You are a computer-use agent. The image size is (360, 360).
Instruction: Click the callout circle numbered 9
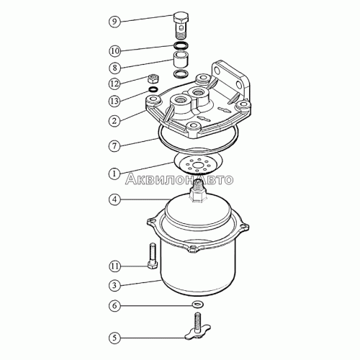click(x=114, y=22)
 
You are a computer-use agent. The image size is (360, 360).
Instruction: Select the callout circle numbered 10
click(x=114, y=51)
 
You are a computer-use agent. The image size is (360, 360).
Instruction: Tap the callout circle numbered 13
click(x=114, y=101)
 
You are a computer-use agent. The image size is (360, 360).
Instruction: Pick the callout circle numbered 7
click(x=114, y=145)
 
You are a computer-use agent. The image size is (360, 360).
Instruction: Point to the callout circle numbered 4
click(x=114, y=199)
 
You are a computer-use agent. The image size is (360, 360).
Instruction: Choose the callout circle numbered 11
click(x=114, y=266)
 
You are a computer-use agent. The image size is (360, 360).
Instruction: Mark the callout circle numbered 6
click(x=114, y=305)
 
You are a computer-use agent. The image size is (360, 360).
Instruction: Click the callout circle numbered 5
click(x=114, y=338)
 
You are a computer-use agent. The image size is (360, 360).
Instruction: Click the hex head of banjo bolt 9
click(x=181, y=17)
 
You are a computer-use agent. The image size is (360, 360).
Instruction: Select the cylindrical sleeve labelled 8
click(x=181, y=60)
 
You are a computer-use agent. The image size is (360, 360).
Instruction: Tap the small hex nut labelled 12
click(x=152, y=78)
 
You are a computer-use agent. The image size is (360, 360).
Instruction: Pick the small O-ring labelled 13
click(x=153, y=89)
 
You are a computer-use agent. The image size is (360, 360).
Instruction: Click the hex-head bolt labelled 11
click(x=153, y=256)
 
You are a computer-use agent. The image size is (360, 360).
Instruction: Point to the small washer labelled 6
click(x=198, y=305)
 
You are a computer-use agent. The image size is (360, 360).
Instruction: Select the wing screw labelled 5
click(x=198, y=325)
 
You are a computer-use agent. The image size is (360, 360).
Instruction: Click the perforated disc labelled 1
click(x=198, y=163)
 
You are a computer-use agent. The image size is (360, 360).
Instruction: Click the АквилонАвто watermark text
click(x=179, y=179)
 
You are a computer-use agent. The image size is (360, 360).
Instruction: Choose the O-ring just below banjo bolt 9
click(x=181, y=45)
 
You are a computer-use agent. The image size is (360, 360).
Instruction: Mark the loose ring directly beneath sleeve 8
click(x=181, y=73)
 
